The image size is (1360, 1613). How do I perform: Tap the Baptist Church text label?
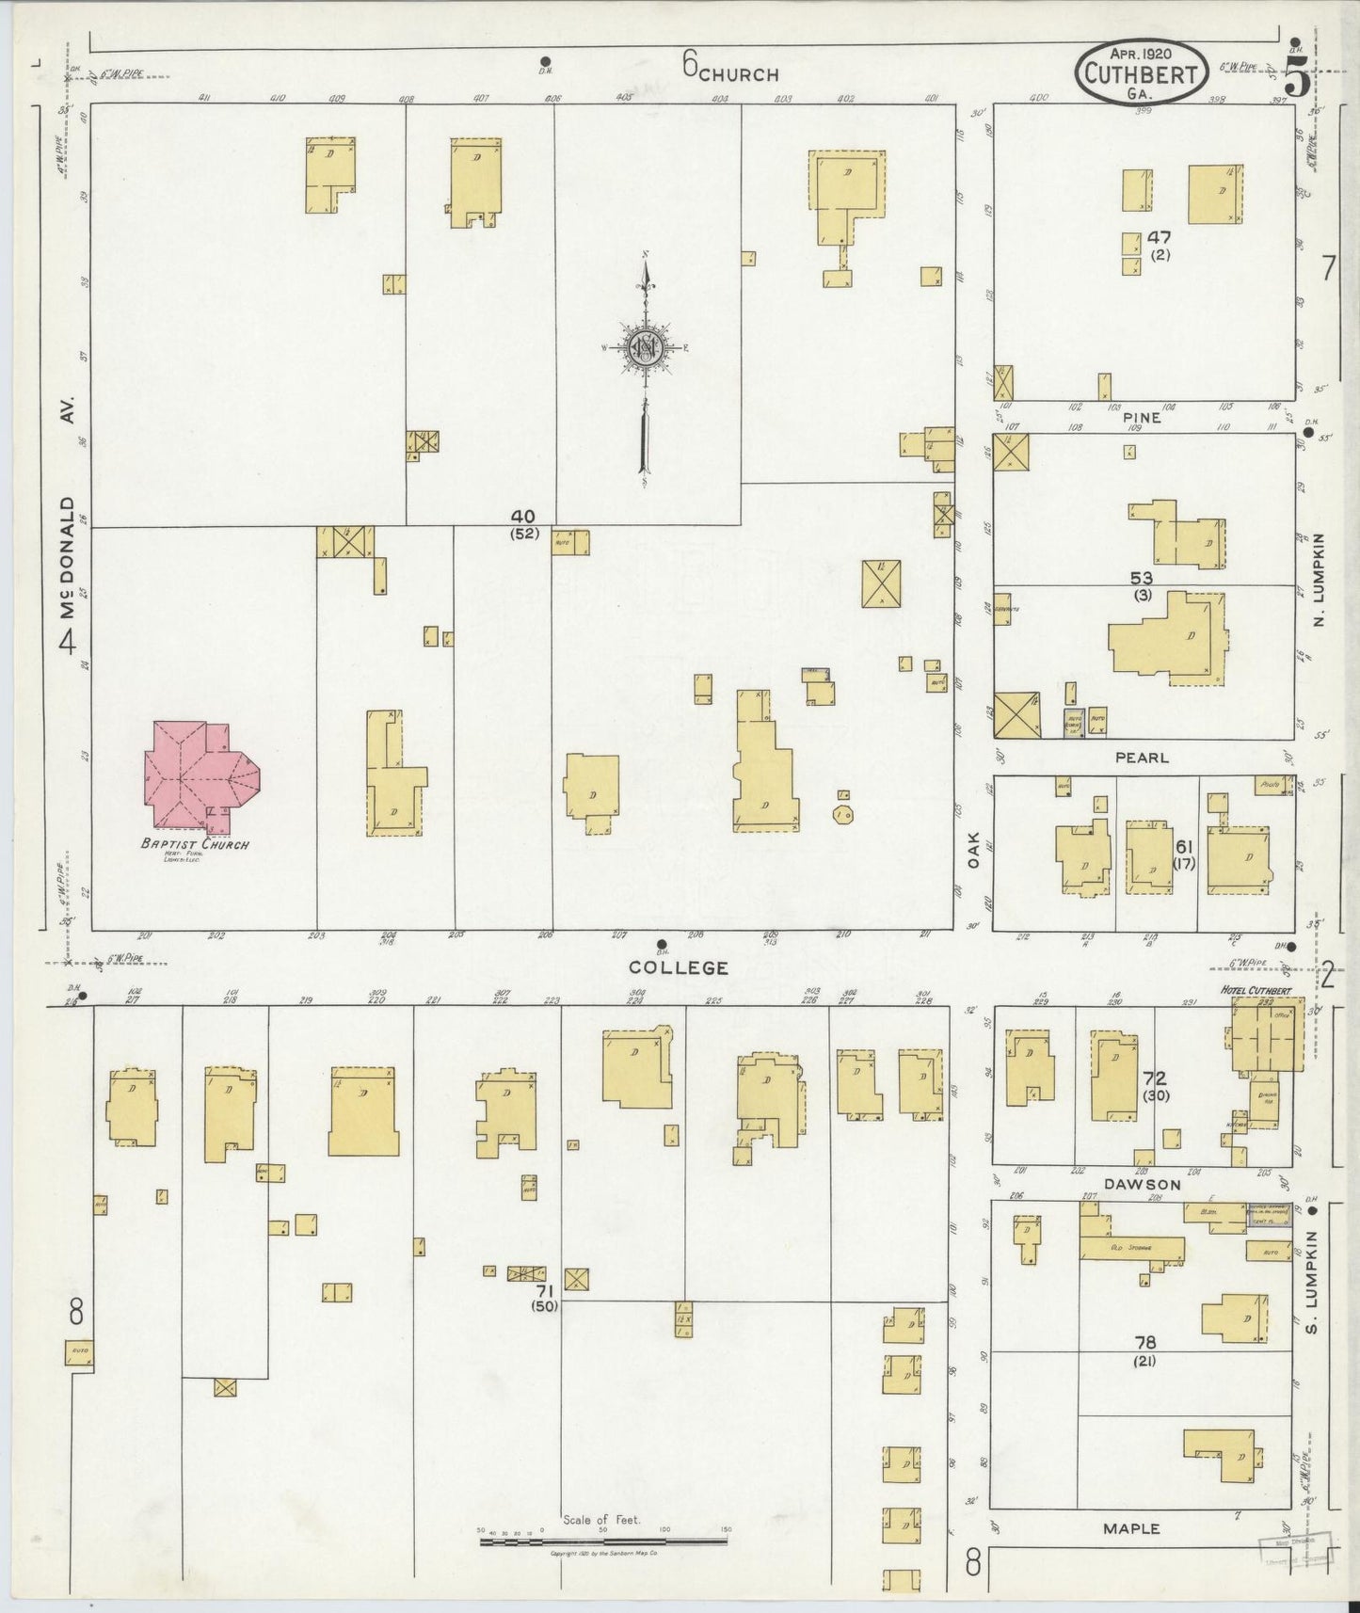coord(195,844)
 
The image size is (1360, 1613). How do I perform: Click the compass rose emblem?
coord(647,346)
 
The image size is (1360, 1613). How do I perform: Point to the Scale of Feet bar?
coord(603,1541)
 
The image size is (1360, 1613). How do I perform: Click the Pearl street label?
coord(1142,757)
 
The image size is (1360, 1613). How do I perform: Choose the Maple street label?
coord(1131,1529)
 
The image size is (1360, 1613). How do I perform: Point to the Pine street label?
coord(1141,418)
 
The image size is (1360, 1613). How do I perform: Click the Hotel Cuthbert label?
coord(1256,991)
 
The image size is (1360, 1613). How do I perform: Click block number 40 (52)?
coord(523,523)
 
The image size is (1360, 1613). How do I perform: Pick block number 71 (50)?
coord(544,1298)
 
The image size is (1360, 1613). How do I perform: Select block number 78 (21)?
coord(1144,1349)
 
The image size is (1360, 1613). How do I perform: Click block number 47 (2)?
coord(1159,246)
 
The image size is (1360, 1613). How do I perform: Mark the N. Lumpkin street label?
coord(1320,580)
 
